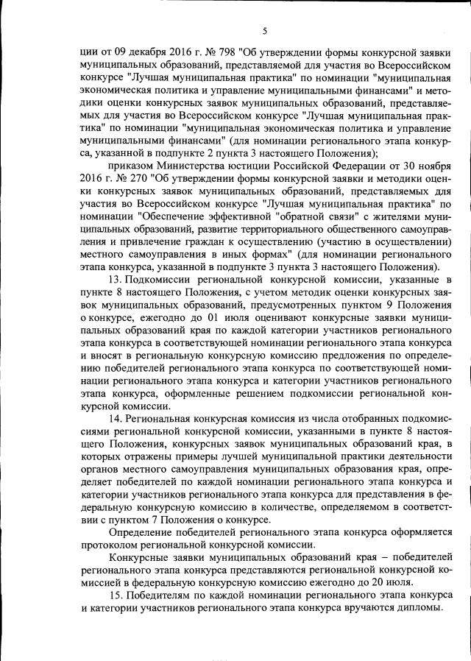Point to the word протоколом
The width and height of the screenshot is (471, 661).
[110, 543]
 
